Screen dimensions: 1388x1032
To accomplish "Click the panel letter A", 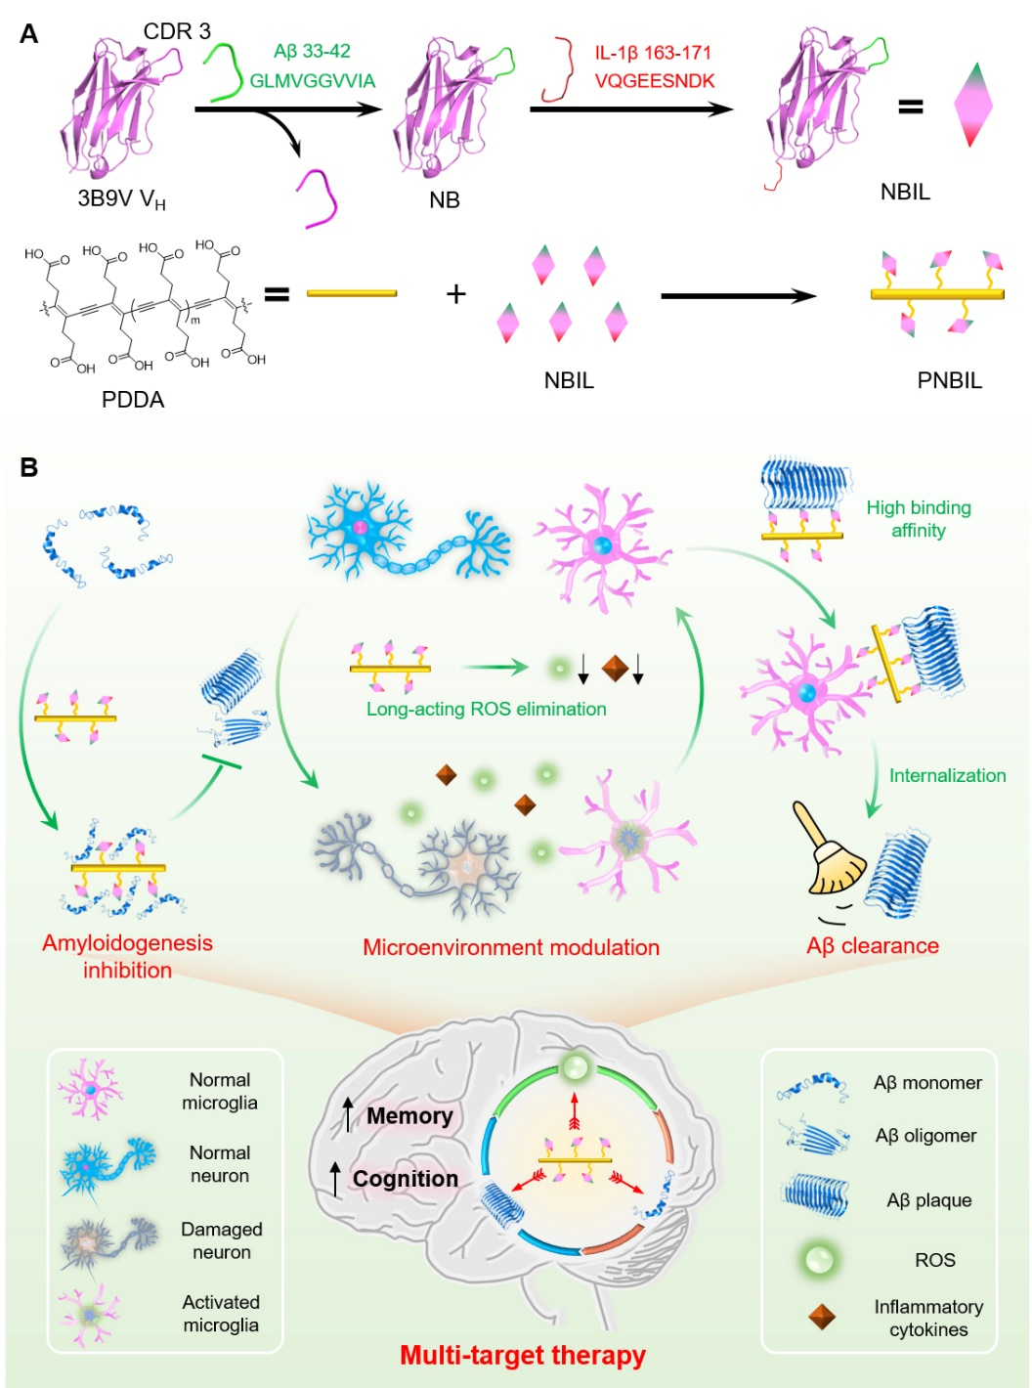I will (29, 34).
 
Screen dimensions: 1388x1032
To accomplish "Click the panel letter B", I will (29, 467).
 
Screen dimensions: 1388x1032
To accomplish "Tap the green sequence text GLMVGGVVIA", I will (312, 81).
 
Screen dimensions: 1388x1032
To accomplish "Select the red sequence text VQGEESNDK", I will (655, 81).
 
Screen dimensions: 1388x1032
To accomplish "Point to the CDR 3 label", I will (177, 31).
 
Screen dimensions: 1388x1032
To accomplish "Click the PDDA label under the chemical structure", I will (133, 400).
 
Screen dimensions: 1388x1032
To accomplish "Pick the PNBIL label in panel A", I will (949, 380).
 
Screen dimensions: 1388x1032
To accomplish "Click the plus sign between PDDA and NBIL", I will (455, 294).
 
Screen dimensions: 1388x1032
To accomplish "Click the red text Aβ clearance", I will (873, 946).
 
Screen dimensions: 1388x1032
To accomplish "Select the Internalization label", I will (947, 775).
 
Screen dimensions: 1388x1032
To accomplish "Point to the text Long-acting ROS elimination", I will (486, 709).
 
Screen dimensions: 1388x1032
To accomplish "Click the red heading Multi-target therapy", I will (523, 1355).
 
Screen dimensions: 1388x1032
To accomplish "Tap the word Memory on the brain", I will (409, 1116).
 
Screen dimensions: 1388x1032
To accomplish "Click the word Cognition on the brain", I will (406, 1179).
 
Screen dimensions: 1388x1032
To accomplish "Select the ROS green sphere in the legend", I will (819, 1260).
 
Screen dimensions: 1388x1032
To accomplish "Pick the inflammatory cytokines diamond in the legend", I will (822, 1317).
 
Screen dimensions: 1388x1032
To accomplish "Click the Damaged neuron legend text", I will (222, 1240).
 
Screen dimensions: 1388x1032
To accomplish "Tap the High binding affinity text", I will (919, 519).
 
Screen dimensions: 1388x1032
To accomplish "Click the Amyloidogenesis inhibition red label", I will (127, 956).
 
